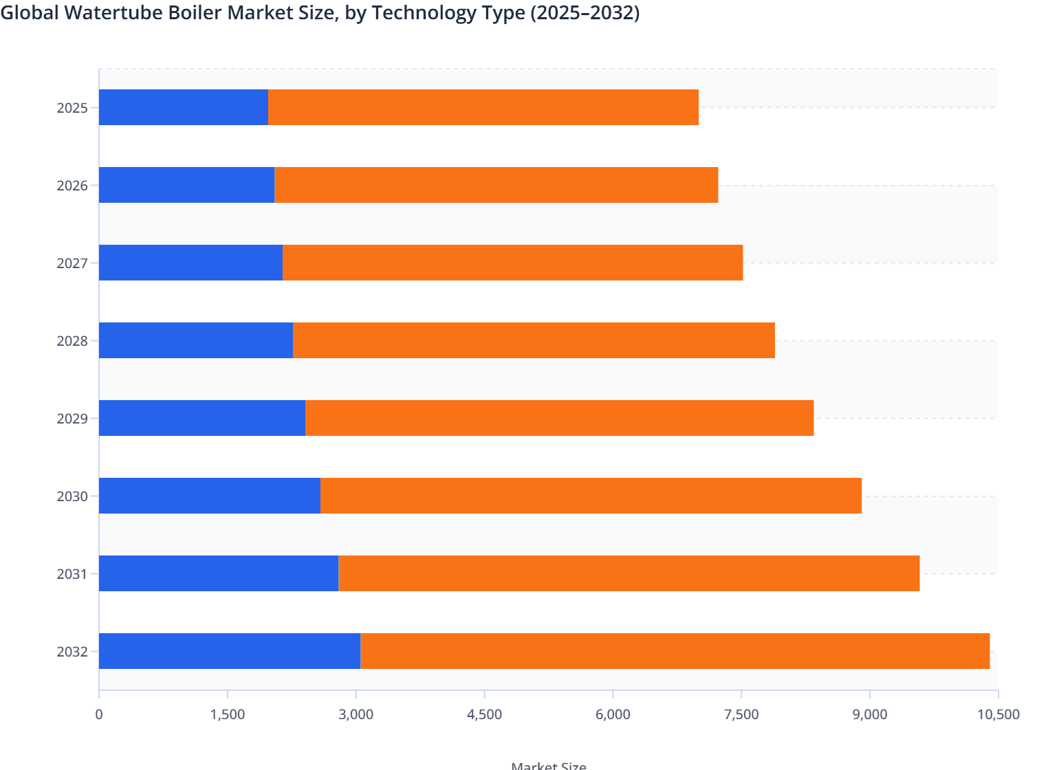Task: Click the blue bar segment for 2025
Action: [184, 107]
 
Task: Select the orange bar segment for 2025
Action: [483, 107]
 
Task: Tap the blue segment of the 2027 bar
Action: [190, 263]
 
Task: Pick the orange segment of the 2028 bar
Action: [534, 340]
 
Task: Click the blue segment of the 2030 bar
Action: [210, 496]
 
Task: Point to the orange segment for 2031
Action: [629, 573]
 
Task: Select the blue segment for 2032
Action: [230, 651]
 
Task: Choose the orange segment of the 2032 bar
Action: [675, 651]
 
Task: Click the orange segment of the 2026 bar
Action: [496, 185]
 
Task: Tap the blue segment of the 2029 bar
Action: [202, 418]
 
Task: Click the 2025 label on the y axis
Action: [72, 108]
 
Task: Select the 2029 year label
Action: [72, 419]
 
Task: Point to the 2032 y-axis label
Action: [72, 652]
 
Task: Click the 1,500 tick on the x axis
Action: [228, 714]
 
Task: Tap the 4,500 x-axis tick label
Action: [485, 714]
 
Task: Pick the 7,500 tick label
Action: [741, 714]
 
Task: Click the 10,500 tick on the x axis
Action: [998, 714]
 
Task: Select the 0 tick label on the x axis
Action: [99, 714]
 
